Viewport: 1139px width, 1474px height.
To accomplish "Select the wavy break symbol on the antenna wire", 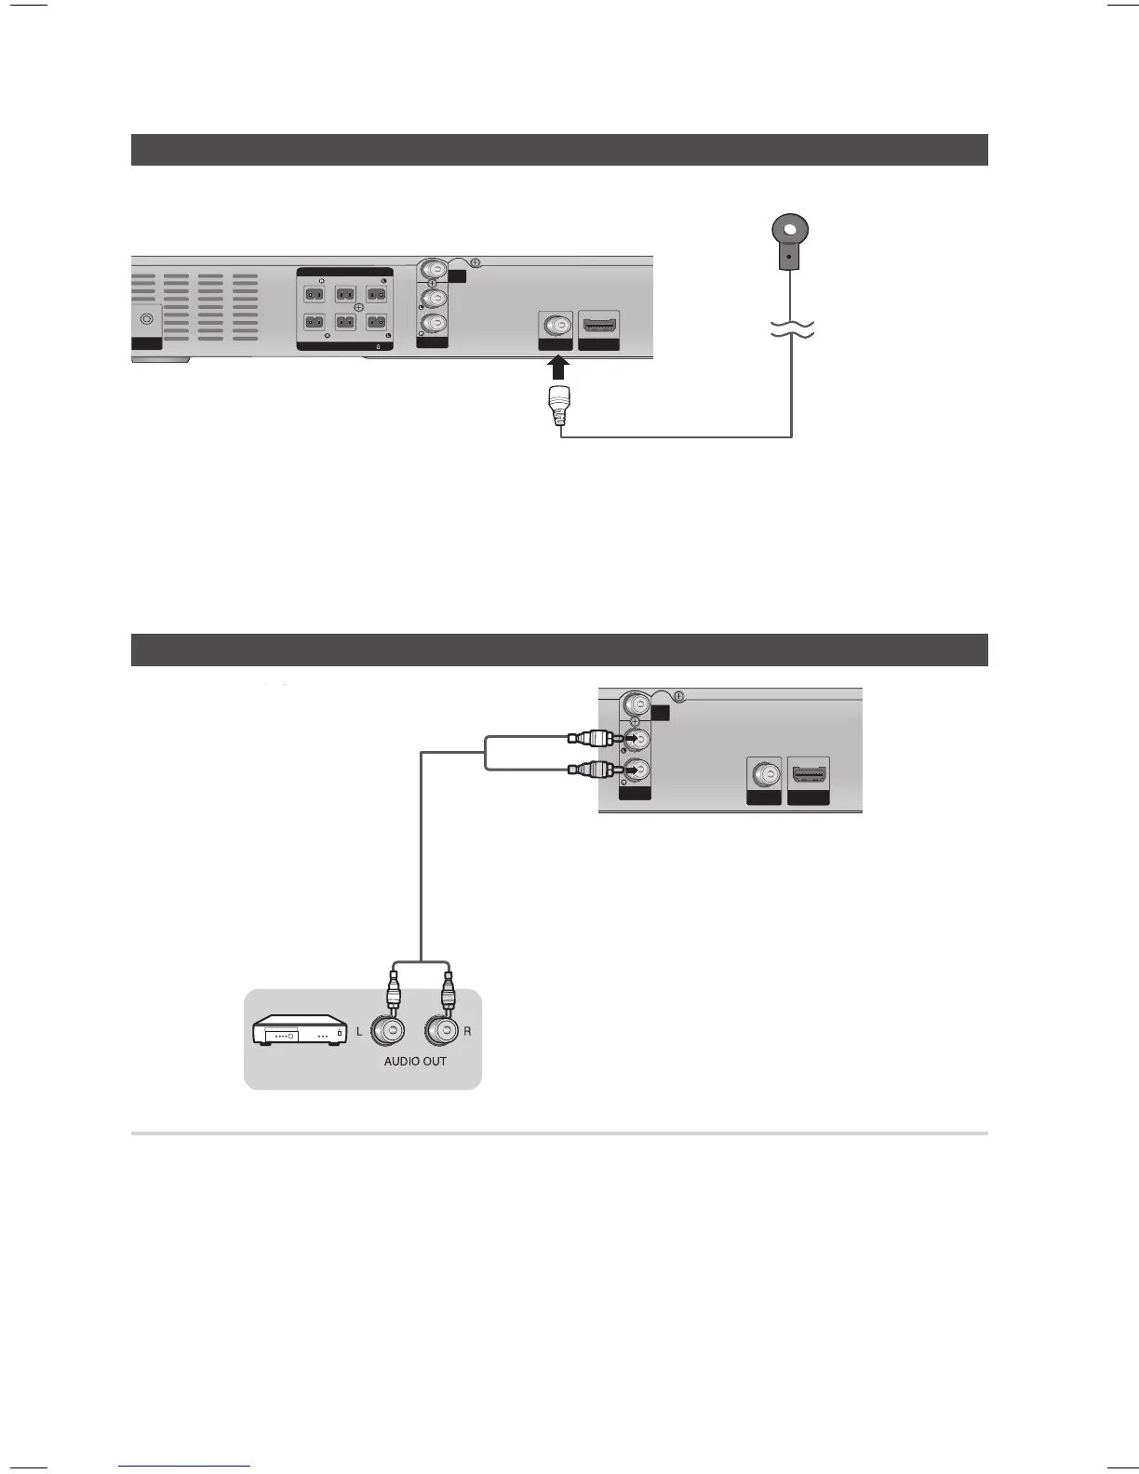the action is click(790, 328).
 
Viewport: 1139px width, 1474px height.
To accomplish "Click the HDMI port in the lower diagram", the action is click(809, 774).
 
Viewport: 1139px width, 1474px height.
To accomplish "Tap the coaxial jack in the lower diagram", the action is click(764, 775).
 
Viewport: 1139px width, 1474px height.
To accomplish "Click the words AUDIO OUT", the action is click(415, 1061).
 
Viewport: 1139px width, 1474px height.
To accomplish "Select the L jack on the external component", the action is click(388, 1031).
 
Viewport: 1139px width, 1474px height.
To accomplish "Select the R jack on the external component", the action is click(444, 1031).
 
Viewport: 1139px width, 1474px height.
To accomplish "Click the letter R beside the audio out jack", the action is click(467, 1032).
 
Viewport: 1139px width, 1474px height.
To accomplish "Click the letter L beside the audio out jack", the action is click(360, 1032).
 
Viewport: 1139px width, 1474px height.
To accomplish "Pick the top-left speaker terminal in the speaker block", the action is click(315, 294).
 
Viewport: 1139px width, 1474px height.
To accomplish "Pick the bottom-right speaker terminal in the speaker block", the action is click(376, 323).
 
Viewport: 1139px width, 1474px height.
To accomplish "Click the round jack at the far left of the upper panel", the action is click(146, 318).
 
